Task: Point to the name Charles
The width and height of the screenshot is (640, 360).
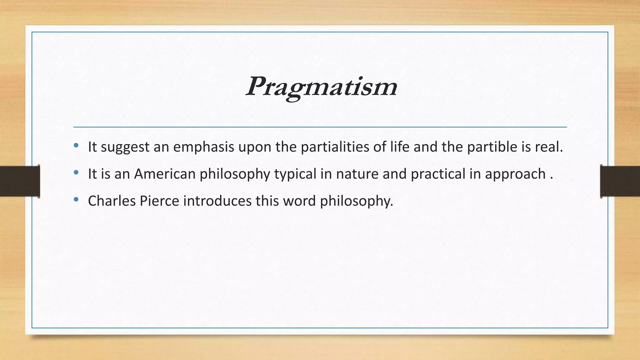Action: click(112, 201)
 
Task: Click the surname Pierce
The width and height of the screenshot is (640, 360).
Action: click(159, 201)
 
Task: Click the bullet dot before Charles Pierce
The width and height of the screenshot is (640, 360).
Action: click(76, 199)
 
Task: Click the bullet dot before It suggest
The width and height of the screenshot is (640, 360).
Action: click(76, 145)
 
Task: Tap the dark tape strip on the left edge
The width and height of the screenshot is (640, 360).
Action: click(20, 181)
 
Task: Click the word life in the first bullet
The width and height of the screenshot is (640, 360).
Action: click(400, 147)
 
